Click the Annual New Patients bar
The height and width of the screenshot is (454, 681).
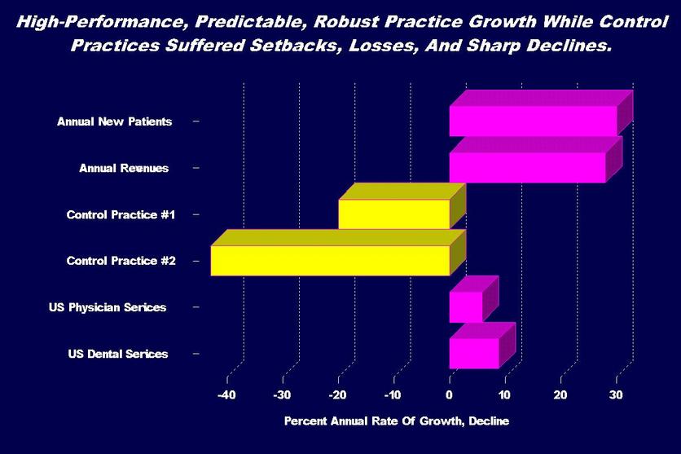(533, 121)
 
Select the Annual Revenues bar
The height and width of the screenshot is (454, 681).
(527, 167)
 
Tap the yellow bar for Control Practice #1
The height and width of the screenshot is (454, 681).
(394, 214)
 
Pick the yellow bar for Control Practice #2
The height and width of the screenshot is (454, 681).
(330, 260)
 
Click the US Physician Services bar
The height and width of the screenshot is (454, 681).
(465, 306)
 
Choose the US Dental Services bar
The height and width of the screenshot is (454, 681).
(473, 353)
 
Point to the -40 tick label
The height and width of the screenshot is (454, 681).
(226, 394)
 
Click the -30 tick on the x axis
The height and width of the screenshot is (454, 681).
(283, 394)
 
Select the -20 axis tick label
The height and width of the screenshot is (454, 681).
(338, 394)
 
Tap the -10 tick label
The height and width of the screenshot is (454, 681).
(393, 394)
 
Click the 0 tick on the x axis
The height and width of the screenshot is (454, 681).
(450, 394)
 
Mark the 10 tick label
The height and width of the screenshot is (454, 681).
(505, 394)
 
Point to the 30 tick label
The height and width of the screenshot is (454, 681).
(617, 394)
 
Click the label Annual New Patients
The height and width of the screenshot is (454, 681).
(114, 121)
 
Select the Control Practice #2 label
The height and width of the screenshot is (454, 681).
(121, 261)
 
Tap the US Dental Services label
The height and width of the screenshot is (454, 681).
(118, 354)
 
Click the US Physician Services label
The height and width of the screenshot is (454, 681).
(107, 307)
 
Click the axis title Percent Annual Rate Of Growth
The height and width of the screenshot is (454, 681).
(395, 421)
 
